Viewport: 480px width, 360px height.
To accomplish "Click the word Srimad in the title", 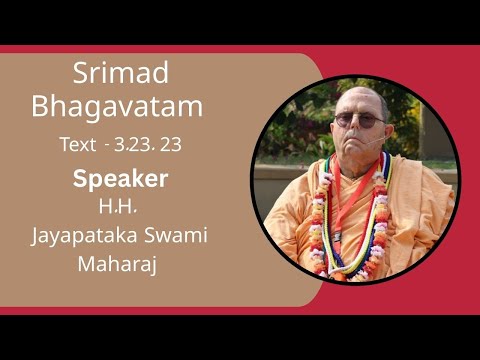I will [x=121, y=74].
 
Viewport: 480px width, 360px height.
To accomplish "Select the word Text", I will [x=77, y=144].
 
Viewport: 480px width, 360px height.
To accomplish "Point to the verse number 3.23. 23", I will [x=148, y=144].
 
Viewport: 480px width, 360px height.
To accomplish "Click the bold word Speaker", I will [x=120, y=180].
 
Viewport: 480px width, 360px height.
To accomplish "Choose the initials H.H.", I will [x=119, y=207].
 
